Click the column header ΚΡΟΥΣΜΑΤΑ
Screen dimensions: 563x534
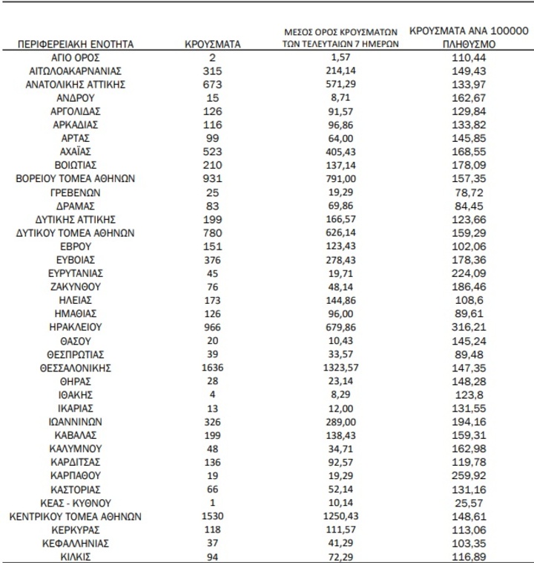pos(213,45)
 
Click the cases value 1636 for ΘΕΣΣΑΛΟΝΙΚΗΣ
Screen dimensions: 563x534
pos(213,367)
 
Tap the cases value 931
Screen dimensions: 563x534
pos(213,179)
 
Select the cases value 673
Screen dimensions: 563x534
pos(213,85)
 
